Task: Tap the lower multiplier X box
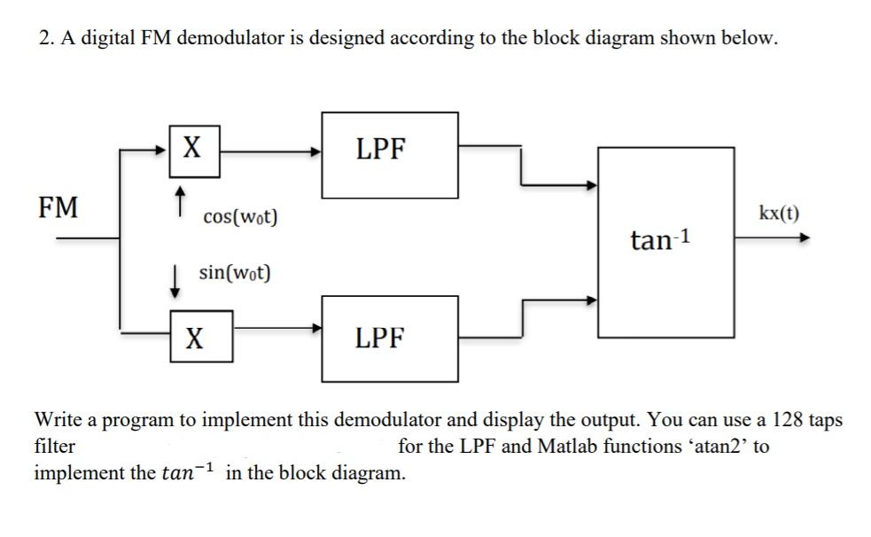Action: [x=202, y=337]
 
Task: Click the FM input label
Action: [x=58, y=208]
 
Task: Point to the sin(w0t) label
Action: [x=234, y=272]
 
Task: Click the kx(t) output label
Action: [x=779, y=214]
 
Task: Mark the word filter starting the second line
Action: [x=54, y=446]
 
